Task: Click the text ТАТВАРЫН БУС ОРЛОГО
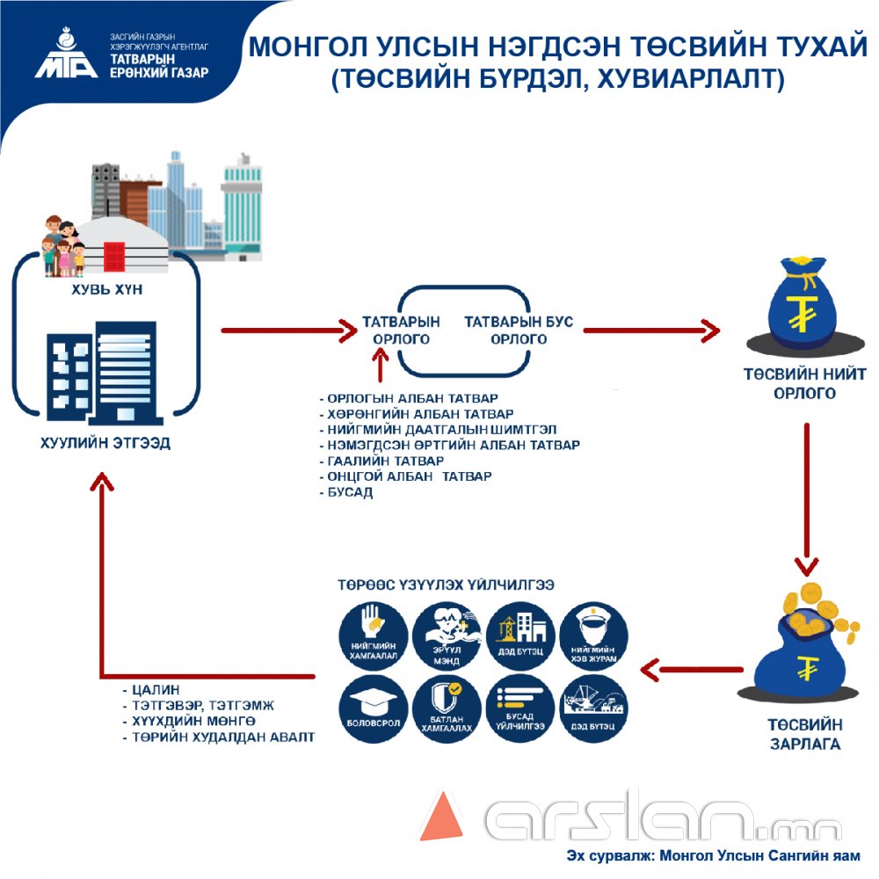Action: coord(519,331)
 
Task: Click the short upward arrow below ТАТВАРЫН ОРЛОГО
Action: coord(380,363)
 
